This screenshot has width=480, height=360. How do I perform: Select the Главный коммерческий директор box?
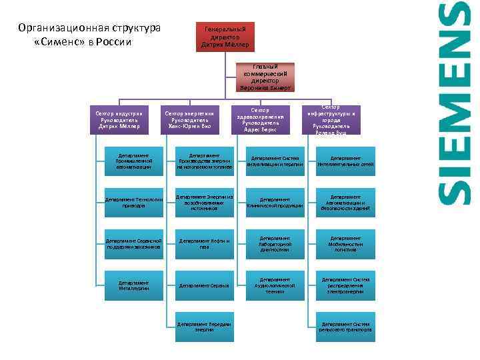[x=265, y=77]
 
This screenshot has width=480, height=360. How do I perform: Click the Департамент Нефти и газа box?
[x=204, y=244]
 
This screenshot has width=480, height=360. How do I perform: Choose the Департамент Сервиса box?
[x=204, y=285]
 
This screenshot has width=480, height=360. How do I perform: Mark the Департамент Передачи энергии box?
[x=204, y=326]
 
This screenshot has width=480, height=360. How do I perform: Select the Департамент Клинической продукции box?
[x=276, y=203]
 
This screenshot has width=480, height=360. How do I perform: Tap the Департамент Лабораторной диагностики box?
[x=276, y=244]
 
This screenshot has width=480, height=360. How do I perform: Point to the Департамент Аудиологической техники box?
[x=276, y=285]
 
